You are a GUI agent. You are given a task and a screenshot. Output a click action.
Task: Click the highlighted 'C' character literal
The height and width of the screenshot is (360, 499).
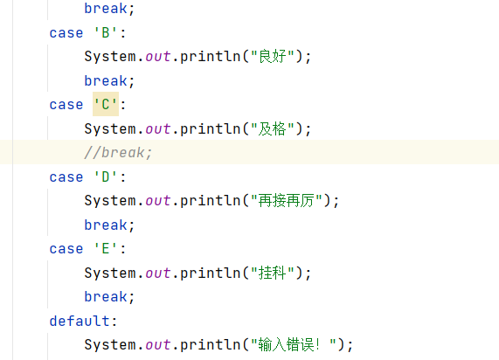(106, 104)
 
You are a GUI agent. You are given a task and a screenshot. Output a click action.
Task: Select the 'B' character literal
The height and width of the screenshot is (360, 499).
(106, 33)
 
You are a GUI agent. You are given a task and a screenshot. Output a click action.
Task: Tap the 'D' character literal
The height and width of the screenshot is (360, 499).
(106, 177)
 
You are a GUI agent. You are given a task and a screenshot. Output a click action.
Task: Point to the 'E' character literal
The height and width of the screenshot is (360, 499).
(106, 249)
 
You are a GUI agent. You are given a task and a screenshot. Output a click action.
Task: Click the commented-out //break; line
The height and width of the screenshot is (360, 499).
(118, 152)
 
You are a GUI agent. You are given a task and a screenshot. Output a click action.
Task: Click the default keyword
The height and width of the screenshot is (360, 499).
(80, 321)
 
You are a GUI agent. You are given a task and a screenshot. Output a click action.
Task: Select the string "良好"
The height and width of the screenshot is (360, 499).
(273, 57)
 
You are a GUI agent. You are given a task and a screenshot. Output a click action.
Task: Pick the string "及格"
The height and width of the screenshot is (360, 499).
(273, 129)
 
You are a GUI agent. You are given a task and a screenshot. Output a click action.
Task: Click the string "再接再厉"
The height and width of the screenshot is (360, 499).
(287, 201)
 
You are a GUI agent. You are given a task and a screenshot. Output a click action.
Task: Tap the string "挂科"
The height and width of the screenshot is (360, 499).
(273, 273)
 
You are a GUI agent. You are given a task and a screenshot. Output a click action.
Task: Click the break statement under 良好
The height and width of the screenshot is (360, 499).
(109, 81)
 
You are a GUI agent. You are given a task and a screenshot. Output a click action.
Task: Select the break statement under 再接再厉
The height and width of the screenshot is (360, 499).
(109, 225)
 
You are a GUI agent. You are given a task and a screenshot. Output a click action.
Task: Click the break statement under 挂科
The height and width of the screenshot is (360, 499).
(109, 297)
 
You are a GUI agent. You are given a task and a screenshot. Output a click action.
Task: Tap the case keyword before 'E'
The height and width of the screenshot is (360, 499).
(66, 249)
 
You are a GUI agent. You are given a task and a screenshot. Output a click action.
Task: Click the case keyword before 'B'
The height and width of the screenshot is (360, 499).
(66, 33)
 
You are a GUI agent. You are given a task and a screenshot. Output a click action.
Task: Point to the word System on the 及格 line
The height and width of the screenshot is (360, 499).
(110, 129)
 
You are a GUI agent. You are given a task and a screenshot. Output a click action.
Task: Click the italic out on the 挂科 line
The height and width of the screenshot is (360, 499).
(158, 273)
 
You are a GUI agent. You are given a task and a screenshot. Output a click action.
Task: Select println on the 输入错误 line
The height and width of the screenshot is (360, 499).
(211, 345)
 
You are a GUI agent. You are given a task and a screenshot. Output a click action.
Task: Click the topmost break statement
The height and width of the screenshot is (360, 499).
(109, 9)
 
